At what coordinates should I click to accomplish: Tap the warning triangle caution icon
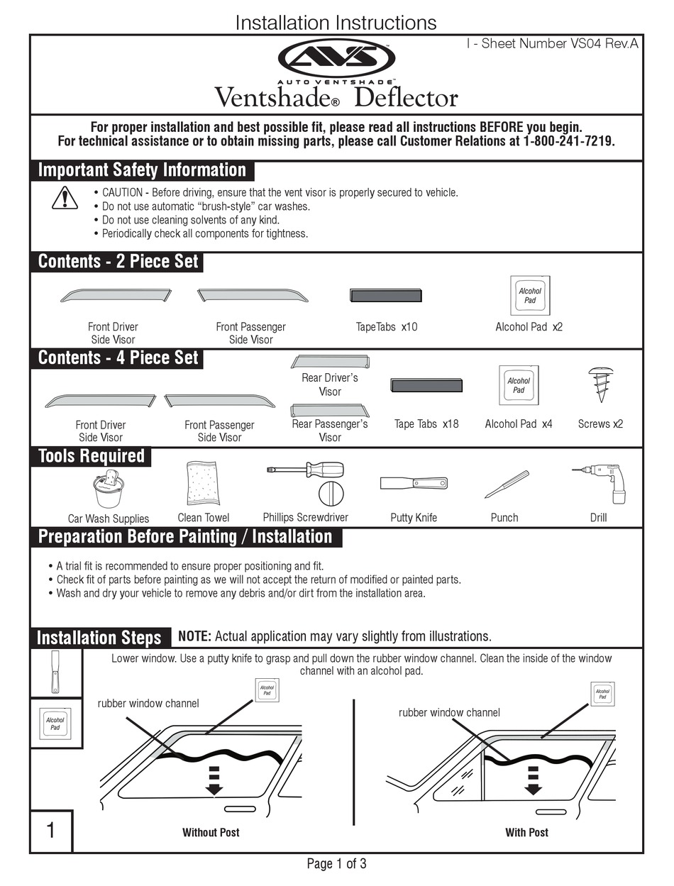(65, 198)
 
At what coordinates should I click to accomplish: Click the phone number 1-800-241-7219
(568, 141)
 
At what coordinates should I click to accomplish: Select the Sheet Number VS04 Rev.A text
(552, 44)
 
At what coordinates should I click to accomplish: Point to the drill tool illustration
(601, 482)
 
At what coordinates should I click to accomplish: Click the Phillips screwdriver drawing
(305, 470)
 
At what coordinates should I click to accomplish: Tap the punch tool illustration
(507, 485)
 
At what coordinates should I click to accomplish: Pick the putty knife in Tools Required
(414, 484)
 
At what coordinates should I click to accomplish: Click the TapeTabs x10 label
(387, 327)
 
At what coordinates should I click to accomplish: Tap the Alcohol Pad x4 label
(518, 424)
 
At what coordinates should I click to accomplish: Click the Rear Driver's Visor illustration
(329, 362)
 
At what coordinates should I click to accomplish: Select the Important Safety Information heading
(142, 170)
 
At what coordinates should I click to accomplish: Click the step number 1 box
(50, 831)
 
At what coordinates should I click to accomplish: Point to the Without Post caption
(211, 833)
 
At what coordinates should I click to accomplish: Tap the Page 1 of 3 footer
(336, 864)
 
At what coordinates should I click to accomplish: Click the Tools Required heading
(91, 456)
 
